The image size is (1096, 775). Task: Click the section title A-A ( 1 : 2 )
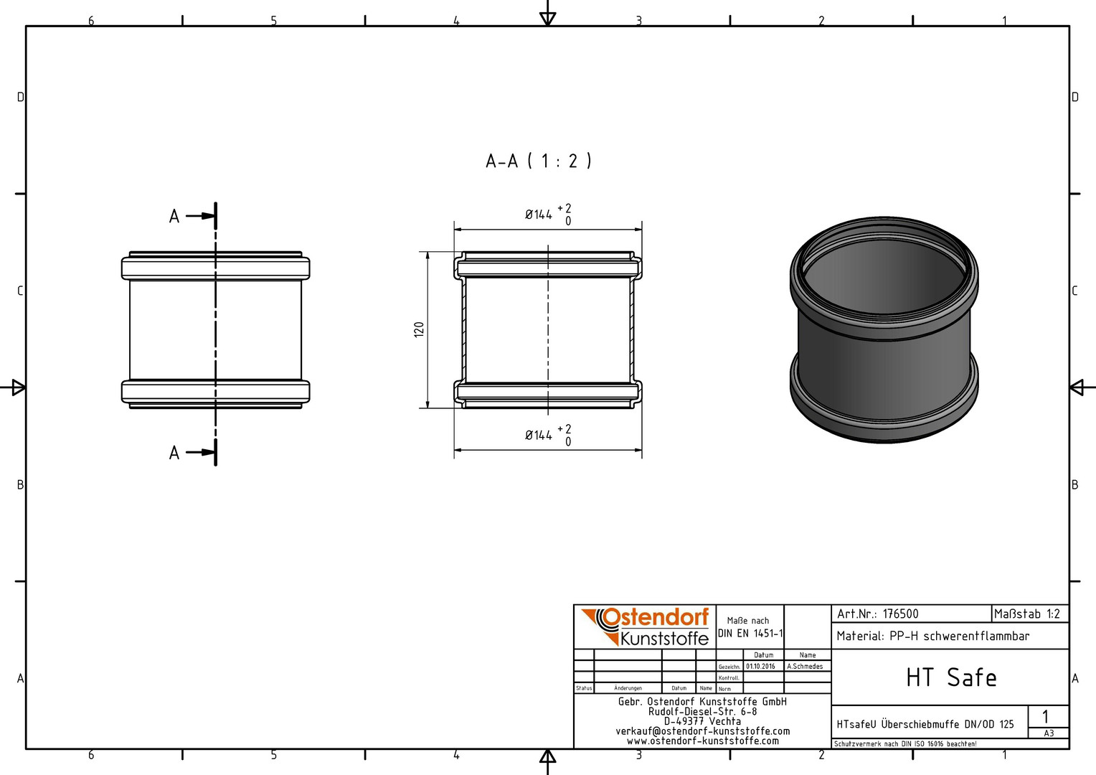click(539, 161)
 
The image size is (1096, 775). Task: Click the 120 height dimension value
click(419, 329)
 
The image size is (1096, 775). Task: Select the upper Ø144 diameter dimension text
click(549, 215)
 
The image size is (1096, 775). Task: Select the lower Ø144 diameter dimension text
click(549, 436)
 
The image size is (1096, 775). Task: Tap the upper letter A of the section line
click(174, 217)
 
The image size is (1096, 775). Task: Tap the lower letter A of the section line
click(174, 454)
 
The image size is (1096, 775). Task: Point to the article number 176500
click(900, 614)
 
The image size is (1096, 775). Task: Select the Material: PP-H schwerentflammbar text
click(933, 636)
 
